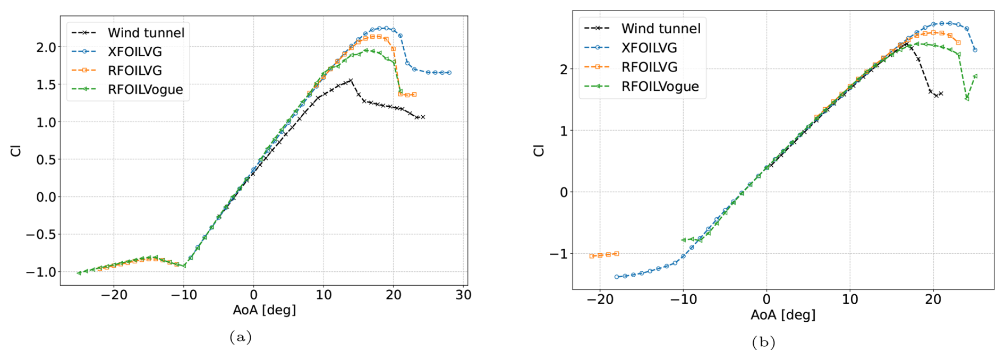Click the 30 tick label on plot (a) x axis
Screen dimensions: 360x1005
click(x=463, y=295)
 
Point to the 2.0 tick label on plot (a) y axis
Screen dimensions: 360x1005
click(x=46, y=47)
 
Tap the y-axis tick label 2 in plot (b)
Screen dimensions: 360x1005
click(x=564, y=69)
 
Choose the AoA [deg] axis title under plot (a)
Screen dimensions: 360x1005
click(x=264, y=310)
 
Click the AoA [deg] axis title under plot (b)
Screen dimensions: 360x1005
click(x=783, y=315)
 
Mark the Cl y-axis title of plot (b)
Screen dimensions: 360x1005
click(x=539, y=150)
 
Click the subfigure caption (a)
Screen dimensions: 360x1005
click(x=240, y=337)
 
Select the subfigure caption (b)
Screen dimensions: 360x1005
click(x=763, y=342)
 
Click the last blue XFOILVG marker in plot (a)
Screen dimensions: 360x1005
click(x=449, y=73)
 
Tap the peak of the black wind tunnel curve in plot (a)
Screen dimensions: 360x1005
click(x=351, y=80)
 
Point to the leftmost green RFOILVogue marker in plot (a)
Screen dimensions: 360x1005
click(x=79, y=273)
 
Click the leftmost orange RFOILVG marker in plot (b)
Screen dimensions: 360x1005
click(x=592, y=256)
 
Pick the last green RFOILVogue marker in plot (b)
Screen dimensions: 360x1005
click(x=975, y=76)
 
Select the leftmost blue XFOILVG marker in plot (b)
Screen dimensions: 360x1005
click(x=617, y=277)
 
